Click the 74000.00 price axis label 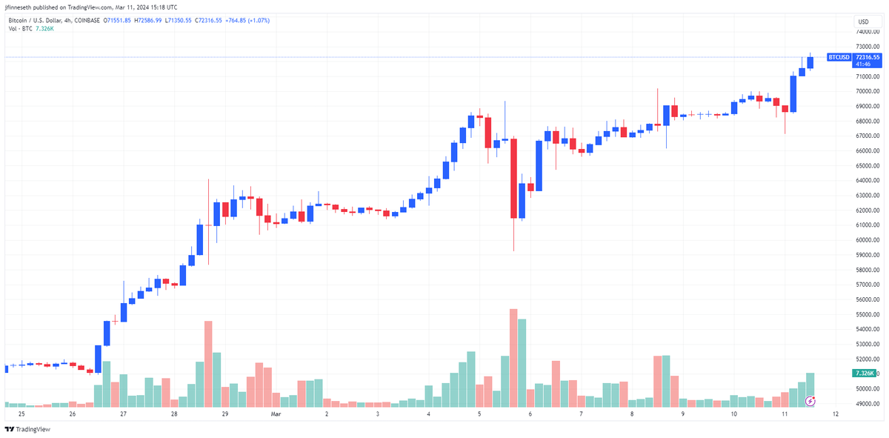pyautogui.click(x=868, y=32)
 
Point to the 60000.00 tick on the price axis pyautogui.click(x=868, y=240)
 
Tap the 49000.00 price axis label pyautogui.click(x=868, y=404)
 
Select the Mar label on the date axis pyautogui.click(x=276, y=414)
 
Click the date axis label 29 pyautogui.click(x=224, y=414)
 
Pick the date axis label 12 pyautogui.click(x=835, y=414)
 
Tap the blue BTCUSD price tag pyautogui.click(x=839, y=57)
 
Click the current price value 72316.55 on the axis pyautogui.click(x=868, y=57)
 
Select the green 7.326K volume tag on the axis pyautogui.click(x=865, y=374)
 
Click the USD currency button pyautogui.click(x=863, y=21)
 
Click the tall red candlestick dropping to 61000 pyautogui.click(x=513, y=179)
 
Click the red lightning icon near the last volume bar pyautogui.click(x=810, y=401)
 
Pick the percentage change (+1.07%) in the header pyautogui.click(x=256, y=20)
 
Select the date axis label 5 pyautogui.click(x=479, y=414)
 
